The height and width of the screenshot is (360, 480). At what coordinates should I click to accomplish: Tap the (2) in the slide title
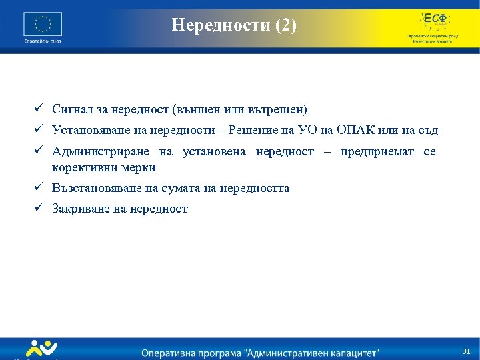pyautogui.click(x=280, y=25)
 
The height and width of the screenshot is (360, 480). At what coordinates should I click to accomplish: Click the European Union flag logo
pyautogui.click(x=43, y=25)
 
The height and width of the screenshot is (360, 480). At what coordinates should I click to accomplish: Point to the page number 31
pyautogui.click(x=466, y=351)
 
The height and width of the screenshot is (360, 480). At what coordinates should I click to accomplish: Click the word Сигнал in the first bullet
pyautogui.click(x=71, y=109)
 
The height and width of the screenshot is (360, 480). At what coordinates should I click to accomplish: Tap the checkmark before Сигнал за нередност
pyautogui.click(x=40, y=108)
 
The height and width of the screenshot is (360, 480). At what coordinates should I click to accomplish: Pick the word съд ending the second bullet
pyautogui.click(x=427, y=130)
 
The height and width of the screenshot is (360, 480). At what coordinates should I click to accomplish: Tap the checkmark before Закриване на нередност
pyautogui.click(x=40, y=208)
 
